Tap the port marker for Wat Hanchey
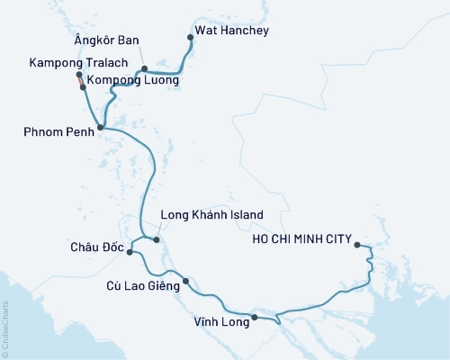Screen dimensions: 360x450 point(189,37)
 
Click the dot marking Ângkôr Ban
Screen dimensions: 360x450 point(144,68)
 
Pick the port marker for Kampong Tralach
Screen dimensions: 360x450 point(78,76)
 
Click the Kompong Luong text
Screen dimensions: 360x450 point(133,80)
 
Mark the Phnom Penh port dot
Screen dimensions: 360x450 point(100,128)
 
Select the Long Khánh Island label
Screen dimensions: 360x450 point(211,215)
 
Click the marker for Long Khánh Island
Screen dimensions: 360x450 point(157,239)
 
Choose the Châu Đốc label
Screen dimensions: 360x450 point(94,246)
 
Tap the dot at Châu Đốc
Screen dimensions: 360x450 point(130,252)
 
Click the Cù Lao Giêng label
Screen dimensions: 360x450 point(133,286)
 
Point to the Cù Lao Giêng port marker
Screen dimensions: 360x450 point(185,281)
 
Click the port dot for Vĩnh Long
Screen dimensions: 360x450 point(254,317)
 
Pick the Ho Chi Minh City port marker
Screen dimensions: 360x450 point(357,244)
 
